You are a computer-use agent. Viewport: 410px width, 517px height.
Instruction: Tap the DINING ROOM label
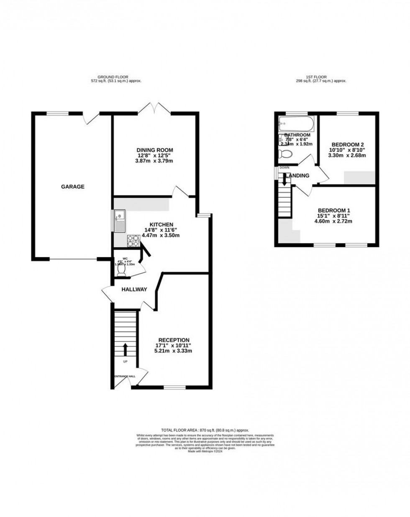click(154, 150)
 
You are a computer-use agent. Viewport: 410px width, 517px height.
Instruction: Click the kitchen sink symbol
click(119, 221)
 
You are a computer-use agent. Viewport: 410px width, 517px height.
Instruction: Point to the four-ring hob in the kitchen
click(133, 241)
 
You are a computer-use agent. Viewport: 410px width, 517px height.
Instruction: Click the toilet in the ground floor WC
click(121, 271)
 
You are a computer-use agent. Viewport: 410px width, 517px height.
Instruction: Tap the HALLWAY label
click(134, 289)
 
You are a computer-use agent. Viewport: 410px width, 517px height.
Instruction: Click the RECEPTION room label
click(174, 340)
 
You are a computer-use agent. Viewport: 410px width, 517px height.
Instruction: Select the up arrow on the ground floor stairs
click(125, 349)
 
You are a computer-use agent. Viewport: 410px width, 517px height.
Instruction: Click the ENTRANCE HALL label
click(125, 376)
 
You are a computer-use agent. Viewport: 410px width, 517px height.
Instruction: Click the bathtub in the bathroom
click(295, 124)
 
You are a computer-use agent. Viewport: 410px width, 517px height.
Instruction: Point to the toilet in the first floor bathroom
click(286, 154)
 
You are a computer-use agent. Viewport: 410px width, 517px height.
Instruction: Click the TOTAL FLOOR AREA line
click(205, 430)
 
